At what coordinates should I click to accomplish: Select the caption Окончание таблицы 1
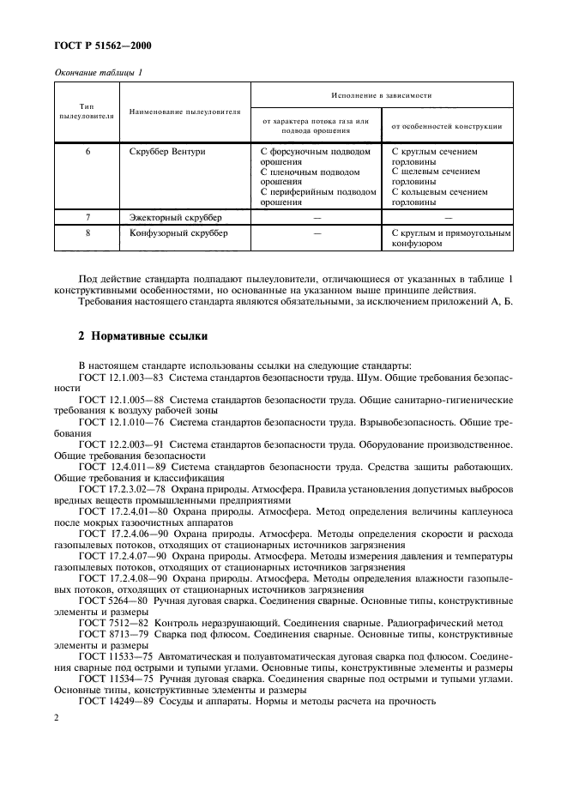pyautogui.click(x=100, y=73)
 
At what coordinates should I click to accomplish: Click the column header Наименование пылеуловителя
pyautogui.click(x=185, y=112)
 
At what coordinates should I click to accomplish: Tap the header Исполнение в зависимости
pyautogui.click(x=382, y=95)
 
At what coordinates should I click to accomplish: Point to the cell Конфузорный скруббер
pyautogui.click(x=178, y=232)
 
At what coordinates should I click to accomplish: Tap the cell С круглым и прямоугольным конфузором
pyautogui.click(x=450, y=238)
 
